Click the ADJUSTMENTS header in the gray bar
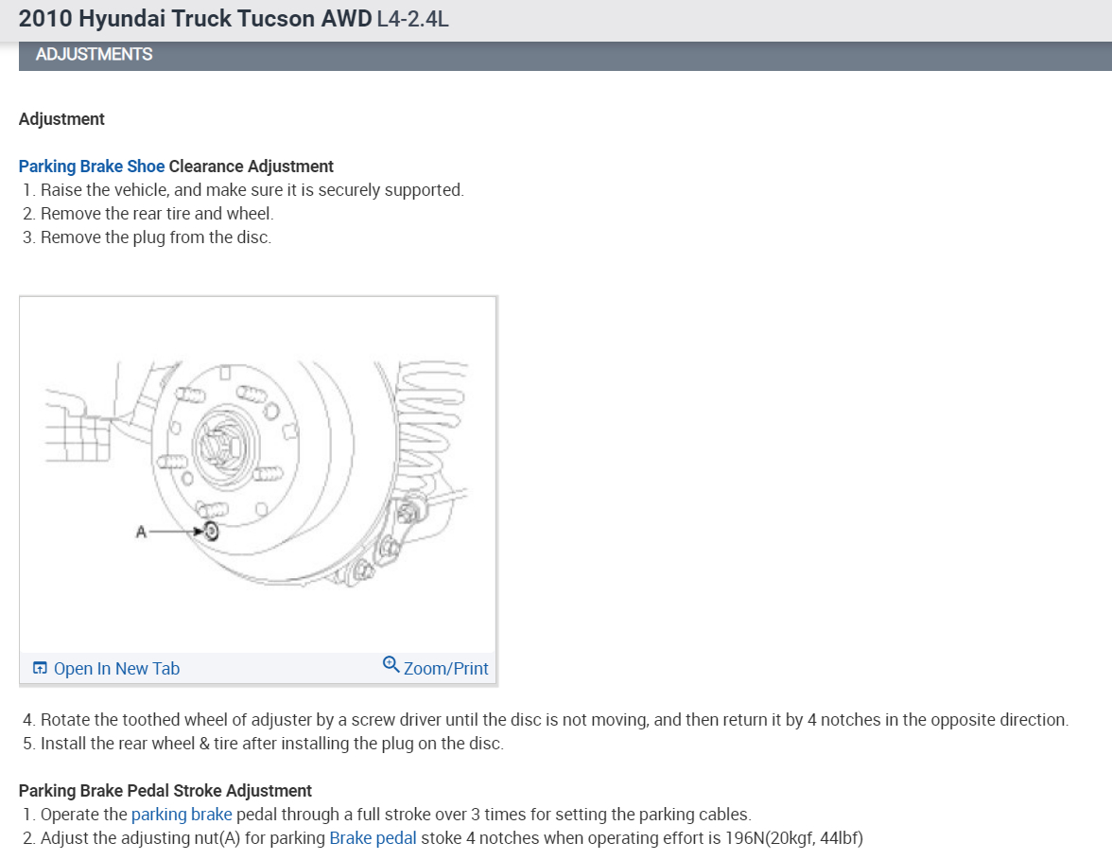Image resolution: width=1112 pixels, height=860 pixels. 94,55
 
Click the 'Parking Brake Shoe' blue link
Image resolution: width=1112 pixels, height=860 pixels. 92,167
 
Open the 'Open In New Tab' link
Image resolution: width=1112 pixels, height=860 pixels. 116,668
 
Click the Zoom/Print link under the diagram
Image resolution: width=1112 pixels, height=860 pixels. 445,668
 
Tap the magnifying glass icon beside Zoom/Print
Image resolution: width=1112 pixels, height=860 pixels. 391,665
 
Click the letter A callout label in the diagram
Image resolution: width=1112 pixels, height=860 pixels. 141,532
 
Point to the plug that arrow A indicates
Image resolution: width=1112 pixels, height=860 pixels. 211,531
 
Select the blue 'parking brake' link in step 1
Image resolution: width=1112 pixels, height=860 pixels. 182,814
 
